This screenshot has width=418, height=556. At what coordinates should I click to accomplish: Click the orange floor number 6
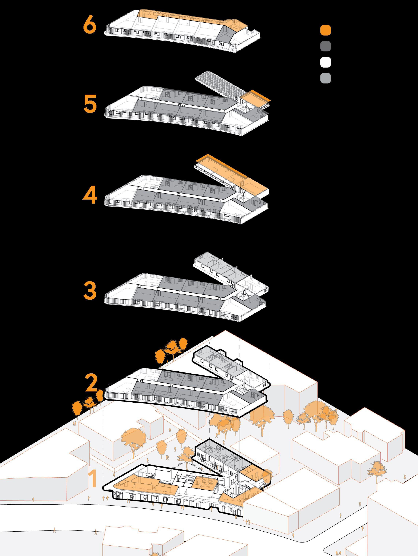tap(90, 25)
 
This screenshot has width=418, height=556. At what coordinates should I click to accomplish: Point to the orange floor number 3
tap(90, 290)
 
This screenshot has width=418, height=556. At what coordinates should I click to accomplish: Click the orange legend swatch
tap(325, 30)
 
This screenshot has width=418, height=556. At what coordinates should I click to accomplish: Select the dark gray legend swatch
tap(325, 46)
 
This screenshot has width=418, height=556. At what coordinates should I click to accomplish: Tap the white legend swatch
tap(325, 62)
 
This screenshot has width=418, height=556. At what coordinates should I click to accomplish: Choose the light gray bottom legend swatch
tap(325, 78)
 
